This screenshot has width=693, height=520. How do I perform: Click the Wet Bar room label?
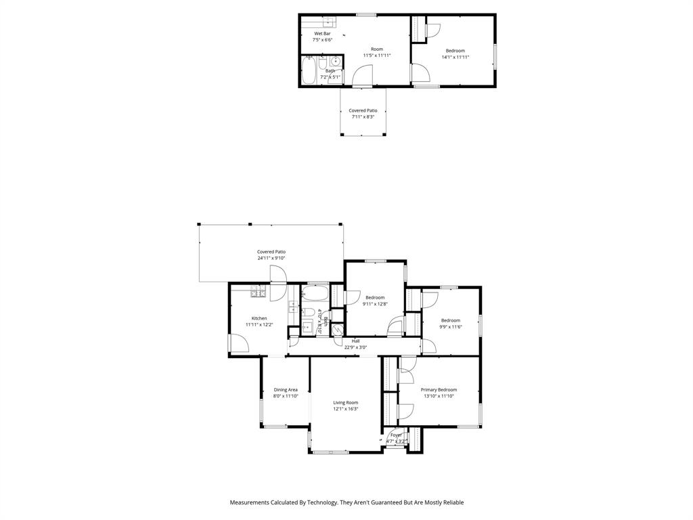click(x=322, y=33)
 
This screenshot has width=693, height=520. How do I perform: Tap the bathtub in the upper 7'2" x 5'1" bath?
click(x=309, y=70)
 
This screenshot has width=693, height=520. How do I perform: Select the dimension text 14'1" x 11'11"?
click(x=455, y=57)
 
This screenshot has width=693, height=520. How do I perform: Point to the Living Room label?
click(x=345, y=402)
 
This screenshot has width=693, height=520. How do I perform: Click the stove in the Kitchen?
click(x=258, y=292)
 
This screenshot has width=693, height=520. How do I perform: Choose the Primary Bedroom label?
click(x=439, y=389)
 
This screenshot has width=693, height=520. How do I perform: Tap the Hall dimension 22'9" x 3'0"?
click(x=355, y=347)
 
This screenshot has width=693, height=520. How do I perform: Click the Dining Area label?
click(x=286, y=389)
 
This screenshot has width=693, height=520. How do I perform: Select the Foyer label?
click(x=396, y=435)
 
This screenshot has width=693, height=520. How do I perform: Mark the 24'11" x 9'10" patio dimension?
click(x=271, y=258)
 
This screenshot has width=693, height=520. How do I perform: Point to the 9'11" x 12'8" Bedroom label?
click(x=375, y=297)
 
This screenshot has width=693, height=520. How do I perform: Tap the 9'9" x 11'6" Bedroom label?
click(x=451, y=320)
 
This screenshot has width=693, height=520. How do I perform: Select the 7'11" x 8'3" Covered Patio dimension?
click(x=363, y=116)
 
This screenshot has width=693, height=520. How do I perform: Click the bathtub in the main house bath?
click(x=315, y=294)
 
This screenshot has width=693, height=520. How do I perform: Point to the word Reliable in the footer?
click(x=451, y=502)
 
